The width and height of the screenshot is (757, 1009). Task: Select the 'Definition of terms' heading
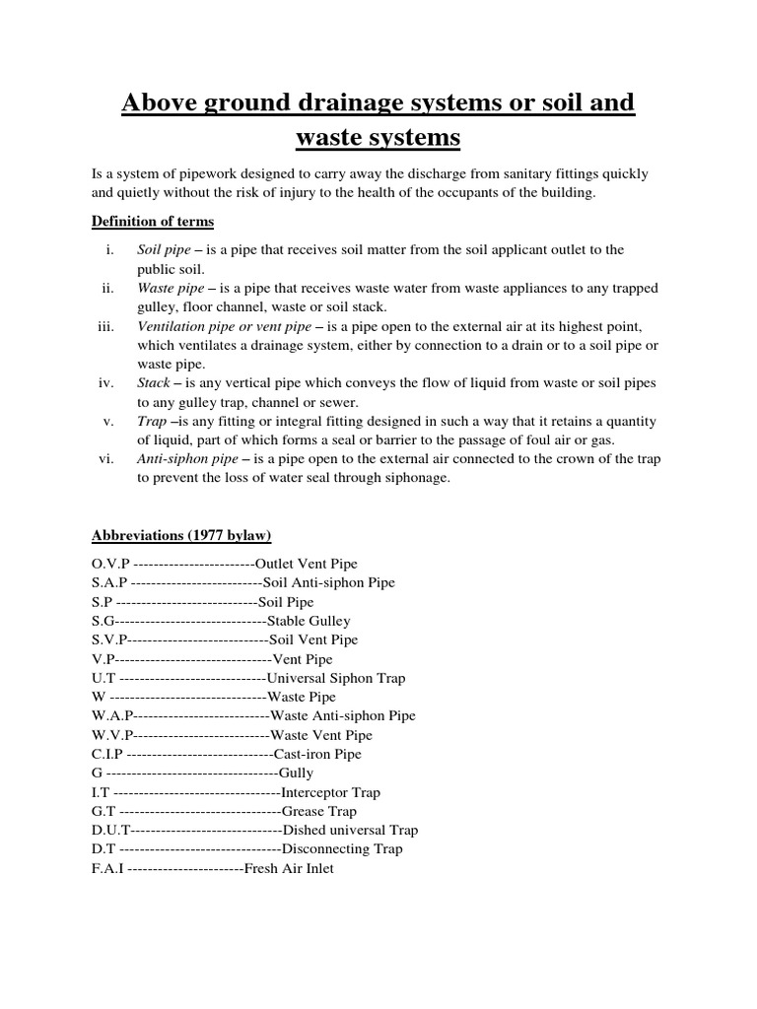coord(152,221)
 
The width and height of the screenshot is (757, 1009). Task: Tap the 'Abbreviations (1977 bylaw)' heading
coord(181,536)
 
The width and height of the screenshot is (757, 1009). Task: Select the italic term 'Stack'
coord(155,383)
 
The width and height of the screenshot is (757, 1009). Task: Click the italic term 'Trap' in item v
coord(152,421)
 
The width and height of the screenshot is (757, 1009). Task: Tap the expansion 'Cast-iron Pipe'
coord(317,755)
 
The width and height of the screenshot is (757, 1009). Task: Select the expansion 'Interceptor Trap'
coord(330,792)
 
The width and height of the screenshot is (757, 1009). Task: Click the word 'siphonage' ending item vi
coord(418,478)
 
